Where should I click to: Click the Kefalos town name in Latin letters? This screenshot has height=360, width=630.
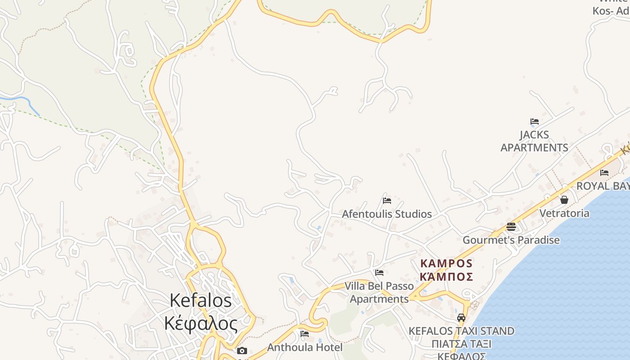point(201,301)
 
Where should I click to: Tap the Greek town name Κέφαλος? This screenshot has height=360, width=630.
point(201,323)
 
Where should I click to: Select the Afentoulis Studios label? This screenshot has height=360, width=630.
point(387,214)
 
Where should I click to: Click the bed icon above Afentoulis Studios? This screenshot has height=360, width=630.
point(387,201)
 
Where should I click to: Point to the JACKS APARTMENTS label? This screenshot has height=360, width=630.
point(534,141)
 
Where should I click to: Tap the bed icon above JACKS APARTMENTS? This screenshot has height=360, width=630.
point(535,121)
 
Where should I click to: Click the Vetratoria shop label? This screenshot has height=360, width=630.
point(564,213)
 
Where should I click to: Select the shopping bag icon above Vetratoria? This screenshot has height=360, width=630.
point(564,200)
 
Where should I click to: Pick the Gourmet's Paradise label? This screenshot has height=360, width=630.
point(511,240)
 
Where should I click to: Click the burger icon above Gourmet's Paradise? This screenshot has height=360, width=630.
point(511,226)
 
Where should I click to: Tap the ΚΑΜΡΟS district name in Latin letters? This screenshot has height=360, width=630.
point(446,263)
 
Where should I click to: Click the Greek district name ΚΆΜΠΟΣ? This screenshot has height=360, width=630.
point(446,276)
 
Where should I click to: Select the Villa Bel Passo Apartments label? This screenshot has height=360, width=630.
point(379,292)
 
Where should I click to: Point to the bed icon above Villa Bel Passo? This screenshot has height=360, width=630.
point(379,272)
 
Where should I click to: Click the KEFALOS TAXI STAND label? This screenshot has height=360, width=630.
point(461,331)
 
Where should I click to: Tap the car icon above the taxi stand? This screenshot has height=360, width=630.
point(461,318)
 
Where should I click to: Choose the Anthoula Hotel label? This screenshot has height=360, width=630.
point(305,347)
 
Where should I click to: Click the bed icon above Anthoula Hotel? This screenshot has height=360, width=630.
point(305,334)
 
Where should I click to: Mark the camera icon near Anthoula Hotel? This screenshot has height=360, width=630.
point(242,351)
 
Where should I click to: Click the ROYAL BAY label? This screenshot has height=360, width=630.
point(603,186)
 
